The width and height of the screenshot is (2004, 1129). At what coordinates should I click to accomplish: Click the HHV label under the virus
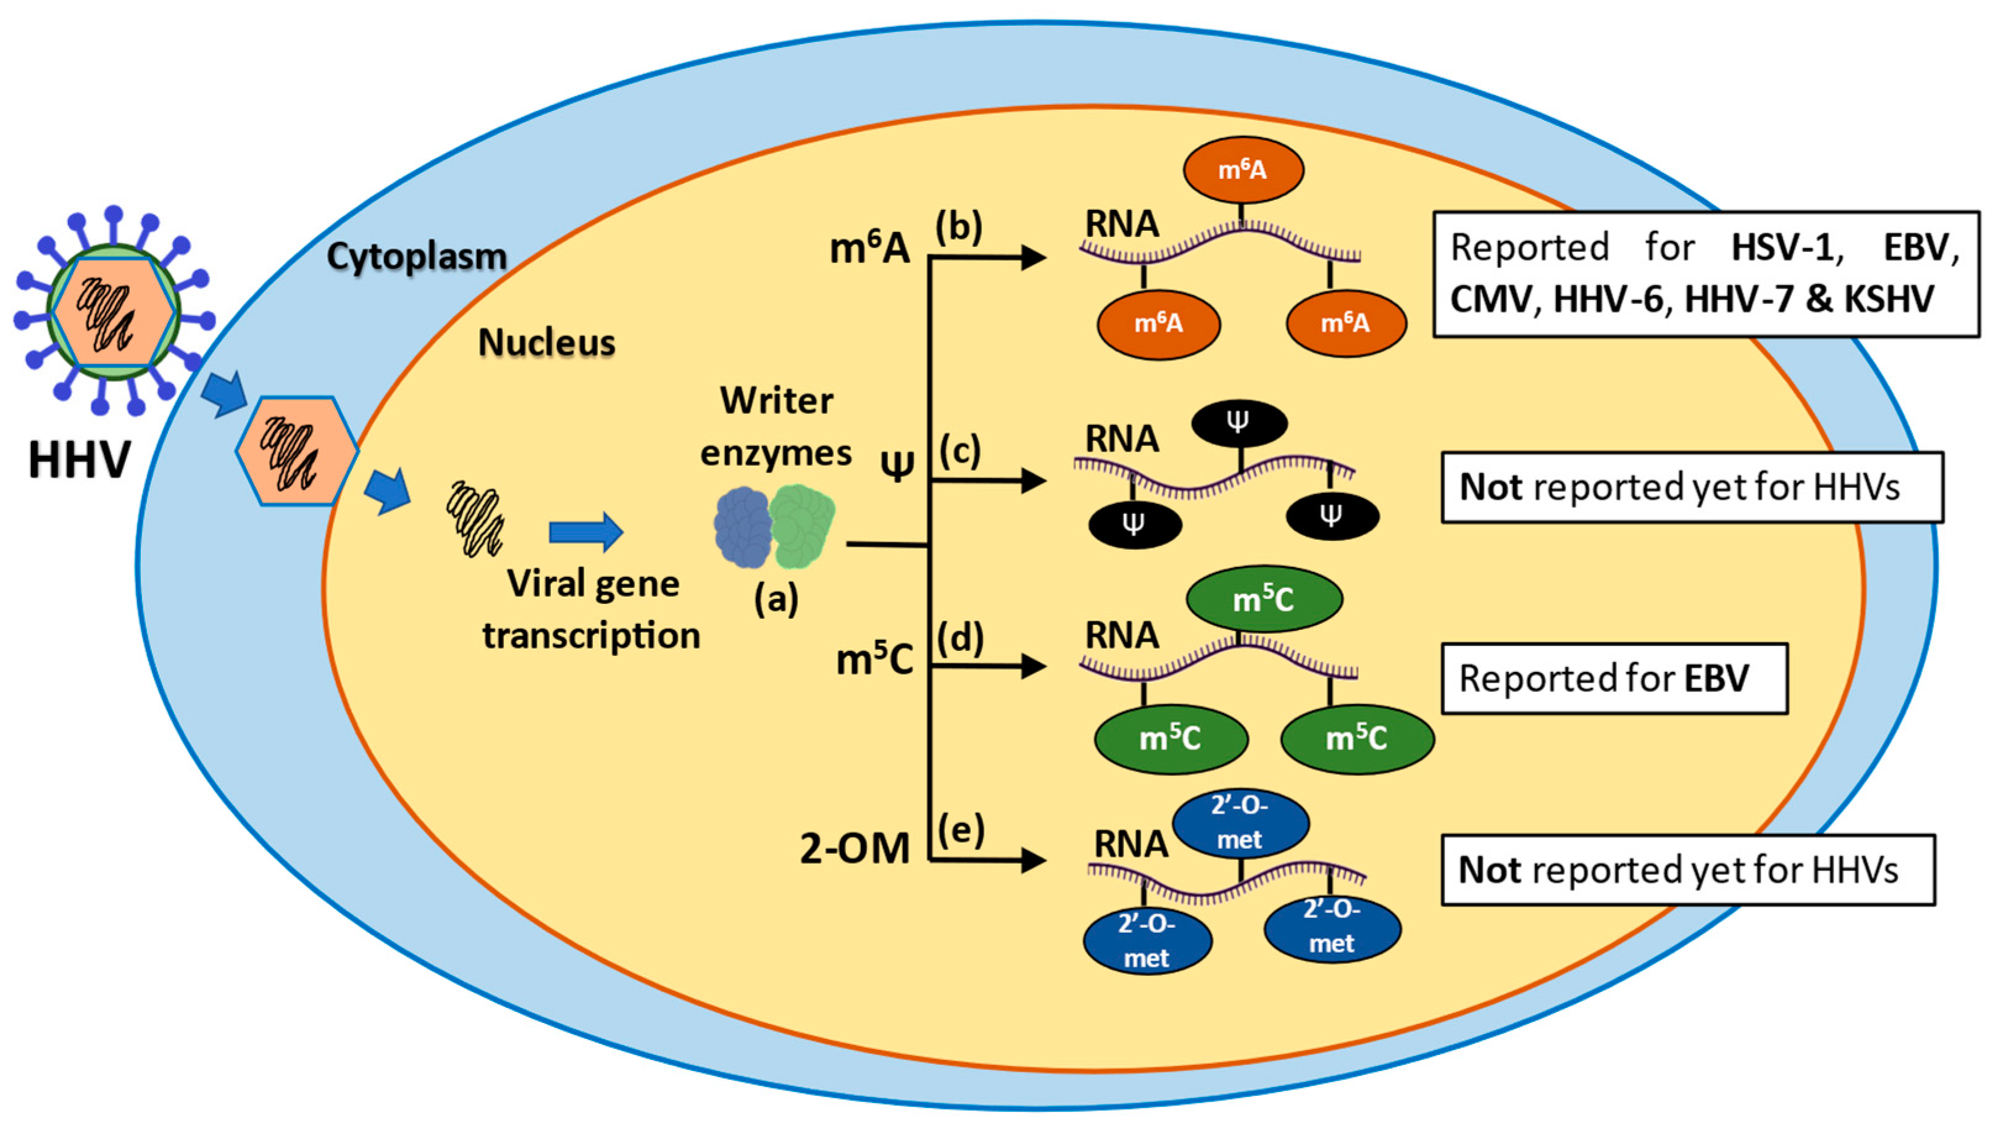tap(80, 460)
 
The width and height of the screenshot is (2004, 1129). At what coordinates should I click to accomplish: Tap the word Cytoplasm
tap(416, 256)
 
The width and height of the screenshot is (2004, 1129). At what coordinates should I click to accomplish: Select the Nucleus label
tap(546, 342)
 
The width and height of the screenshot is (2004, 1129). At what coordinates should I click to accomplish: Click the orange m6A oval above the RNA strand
tap(1243, 170)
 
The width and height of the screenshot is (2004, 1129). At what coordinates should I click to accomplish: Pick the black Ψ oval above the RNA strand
tap(1239, 424)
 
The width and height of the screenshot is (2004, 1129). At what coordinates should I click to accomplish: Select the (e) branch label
tap(961, 830)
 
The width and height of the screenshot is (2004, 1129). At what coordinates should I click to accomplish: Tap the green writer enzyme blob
tap(802, 526)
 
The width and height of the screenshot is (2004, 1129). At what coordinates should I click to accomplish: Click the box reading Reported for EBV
tap(1615, 678)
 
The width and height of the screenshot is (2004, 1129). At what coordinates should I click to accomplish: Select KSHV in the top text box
tap(1889, 299)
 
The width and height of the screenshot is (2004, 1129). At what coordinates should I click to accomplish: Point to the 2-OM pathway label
tap(855, 848)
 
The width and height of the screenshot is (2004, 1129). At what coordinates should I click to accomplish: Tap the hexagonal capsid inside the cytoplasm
tap(297, 451)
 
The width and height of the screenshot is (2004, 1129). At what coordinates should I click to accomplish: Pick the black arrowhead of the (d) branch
tap(1033, 666)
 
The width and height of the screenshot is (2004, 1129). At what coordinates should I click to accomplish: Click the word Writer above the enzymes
tap(777, 401)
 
